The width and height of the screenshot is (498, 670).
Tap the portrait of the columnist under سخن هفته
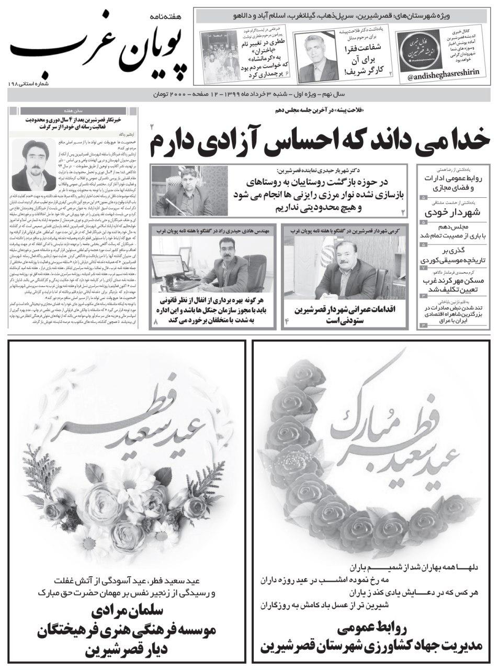click(33, 164)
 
